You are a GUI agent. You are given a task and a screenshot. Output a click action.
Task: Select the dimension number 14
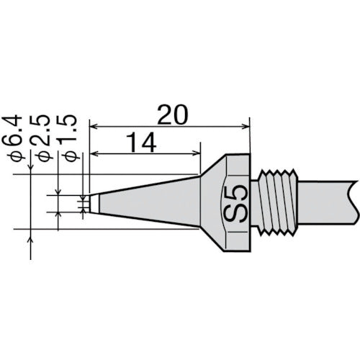(x=145, y=144)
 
